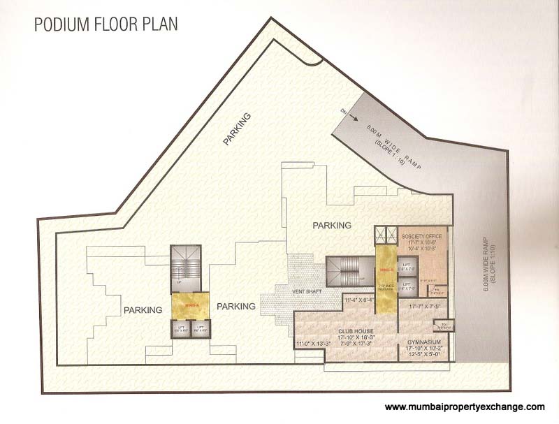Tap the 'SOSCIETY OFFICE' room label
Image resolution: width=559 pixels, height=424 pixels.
point(421,235)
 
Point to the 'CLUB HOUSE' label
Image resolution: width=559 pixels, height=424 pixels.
point(355,331)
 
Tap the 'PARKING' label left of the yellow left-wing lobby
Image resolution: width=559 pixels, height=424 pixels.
point(143,309)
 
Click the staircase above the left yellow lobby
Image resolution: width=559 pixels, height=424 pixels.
point(187,266)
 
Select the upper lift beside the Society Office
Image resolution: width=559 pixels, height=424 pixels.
point(407,265)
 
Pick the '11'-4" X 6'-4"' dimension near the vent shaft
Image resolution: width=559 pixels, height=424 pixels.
point(360,301)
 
